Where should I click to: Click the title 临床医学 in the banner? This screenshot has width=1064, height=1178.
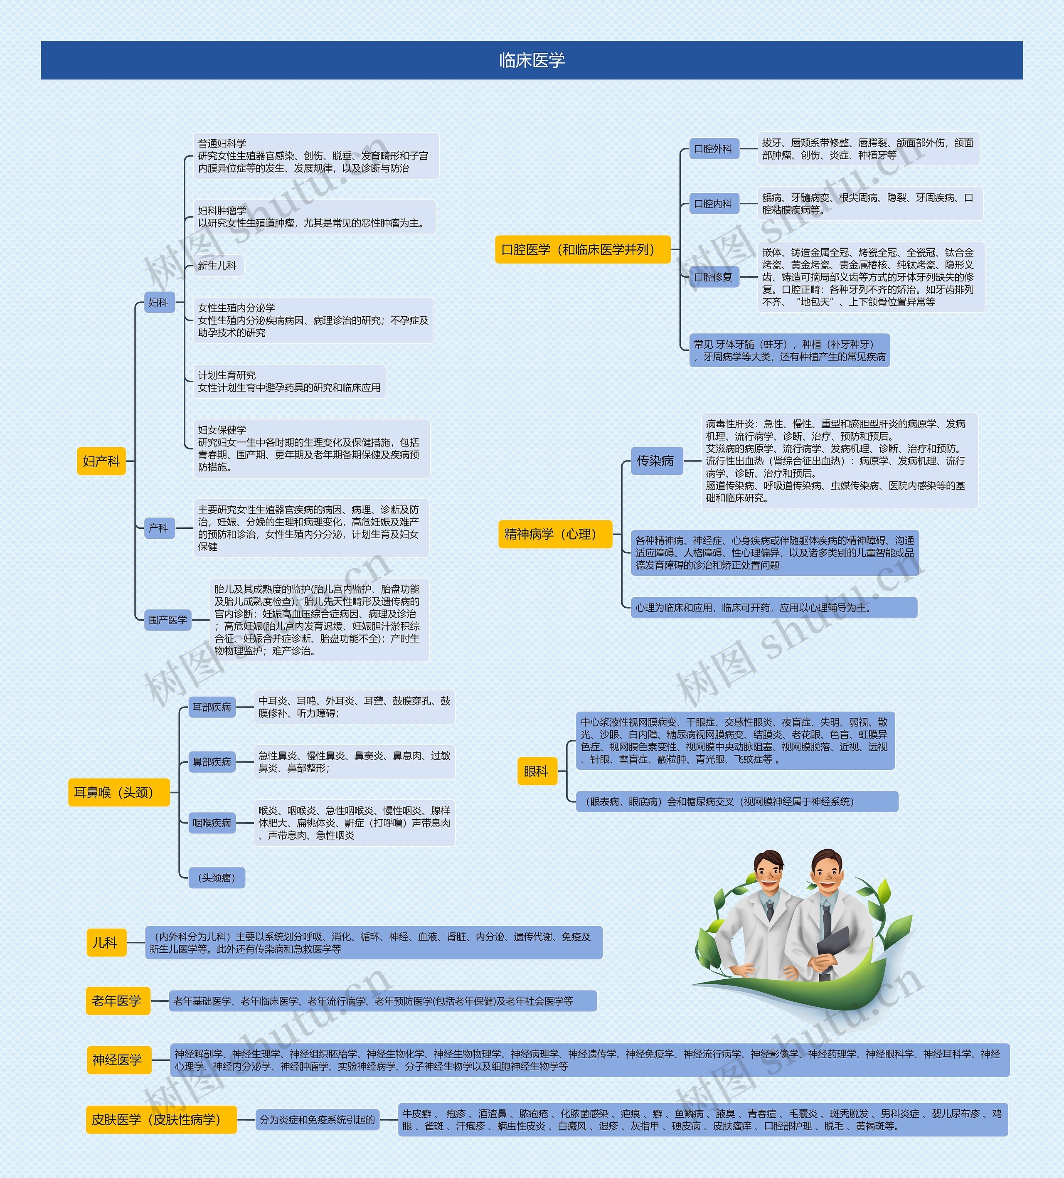click(532, 60)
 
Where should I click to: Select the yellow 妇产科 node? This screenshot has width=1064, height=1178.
click(101, 461)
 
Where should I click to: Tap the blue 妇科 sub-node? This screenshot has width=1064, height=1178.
click(158, 303)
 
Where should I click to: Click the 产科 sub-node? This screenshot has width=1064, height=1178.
click(158, 528)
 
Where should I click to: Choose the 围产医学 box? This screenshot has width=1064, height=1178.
click(167, 620)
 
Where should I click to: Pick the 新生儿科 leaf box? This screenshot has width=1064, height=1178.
click(217, 265)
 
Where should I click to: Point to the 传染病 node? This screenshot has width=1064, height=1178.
click(655, 461)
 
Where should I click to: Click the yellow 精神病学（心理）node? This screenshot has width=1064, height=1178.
click(554, 534)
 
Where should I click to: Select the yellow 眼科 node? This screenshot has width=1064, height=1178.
click(537, 771)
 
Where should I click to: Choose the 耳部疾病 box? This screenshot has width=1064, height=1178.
click(212, 707)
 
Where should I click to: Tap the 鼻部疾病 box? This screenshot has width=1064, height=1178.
click(212, 762)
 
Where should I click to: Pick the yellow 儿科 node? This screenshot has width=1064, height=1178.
click(106, 942)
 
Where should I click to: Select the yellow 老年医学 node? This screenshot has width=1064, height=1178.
click(117, 1001)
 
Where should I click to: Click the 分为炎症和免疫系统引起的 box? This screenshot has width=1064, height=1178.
click(317, 1119)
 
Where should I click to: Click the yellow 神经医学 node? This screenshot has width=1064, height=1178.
click(118, 1060)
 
